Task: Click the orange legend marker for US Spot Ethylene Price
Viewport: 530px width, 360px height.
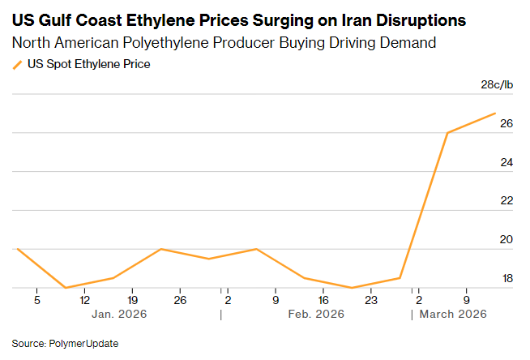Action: click(x=18, y=64)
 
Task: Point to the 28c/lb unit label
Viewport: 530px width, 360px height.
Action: click(x=498, y=84)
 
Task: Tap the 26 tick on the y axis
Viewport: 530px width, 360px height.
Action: click(x=506, y=124)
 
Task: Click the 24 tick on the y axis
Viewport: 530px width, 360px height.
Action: click(x=506, y=163)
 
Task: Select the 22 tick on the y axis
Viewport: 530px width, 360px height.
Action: click(x=506, y=201)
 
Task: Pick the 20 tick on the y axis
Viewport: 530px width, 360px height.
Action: click(x=506, y=240)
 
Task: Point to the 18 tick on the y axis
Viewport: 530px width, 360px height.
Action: click(x=506, y=279)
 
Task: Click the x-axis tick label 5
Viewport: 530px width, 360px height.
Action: click(x=36, y=300)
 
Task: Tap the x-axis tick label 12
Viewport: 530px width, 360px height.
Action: click(x=84, y=300)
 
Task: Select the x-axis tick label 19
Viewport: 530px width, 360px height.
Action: click(x=132, y=300)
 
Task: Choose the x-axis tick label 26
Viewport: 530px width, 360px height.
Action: click(x=180, y=300)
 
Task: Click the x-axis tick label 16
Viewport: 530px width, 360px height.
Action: click(x=323, y=300)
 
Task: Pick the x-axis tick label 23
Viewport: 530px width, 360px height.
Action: click(x=371, y=300)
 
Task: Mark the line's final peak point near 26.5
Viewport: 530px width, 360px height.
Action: click(x=495, y=114)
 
